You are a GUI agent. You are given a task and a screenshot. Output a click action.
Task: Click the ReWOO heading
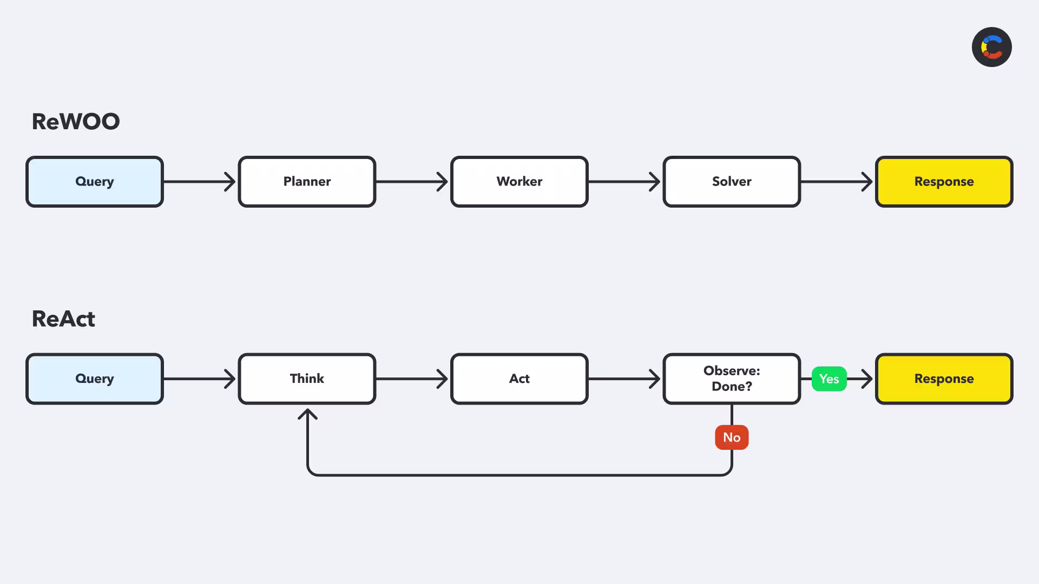[x=76, y=122]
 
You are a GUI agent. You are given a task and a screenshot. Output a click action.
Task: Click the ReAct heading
[x=63, y=319]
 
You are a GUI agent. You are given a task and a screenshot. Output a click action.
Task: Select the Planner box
[x=307, y=182]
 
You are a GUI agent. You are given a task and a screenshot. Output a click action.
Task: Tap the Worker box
[x=519, y=182]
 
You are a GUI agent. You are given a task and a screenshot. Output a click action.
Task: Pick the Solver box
[x=732, y=182]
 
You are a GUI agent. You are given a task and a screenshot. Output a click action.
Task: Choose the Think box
[x=307, y=379]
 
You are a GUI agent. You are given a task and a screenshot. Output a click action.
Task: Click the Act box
[x=519, y=379]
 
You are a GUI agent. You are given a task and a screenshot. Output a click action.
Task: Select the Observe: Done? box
[x=732, y=379]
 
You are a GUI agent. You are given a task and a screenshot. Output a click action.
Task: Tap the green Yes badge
[x=829, y=379]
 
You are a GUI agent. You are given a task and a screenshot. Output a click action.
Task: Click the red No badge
[x=732, y=437]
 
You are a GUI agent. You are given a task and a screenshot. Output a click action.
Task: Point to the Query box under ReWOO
[x=95, y=182]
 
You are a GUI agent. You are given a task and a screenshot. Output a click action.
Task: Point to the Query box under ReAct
[x=95, y=379]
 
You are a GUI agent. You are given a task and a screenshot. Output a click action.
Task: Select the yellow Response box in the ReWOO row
[x=944, y=182]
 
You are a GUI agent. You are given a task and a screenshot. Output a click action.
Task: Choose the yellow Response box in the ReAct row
[x=944, y=379]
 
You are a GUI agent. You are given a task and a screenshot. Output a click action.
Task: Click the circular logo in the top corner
[x=992, y=47]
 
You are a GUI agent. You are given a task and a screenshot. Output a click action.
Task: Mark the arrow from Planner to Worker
[x=412, y=182]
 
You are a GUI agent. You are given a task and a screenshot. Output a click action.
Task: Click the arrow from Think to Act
[x=412, y=379]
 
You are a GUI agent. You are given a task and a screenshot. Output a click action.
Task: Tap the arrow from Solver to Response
[x=837, y=182]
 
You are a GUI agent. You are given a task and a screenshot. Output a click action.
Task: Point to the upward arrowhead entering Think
[x=307, y=414]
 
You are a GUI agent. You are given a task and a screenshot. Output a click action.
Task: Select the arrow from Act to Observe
[x=625, y=379]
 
